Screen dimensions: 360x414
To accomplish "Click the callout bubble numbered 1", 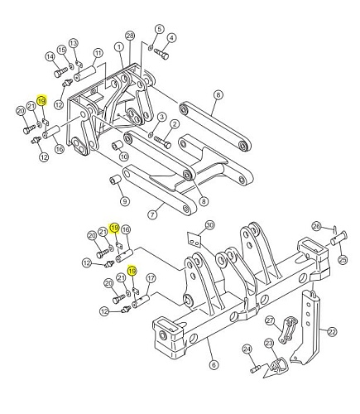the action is [x=119, y=47].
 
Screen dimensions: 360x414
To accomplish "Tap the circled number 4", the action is [x=171, y=38].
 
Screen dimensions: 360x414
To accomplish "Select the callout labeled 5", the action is [x=159, y=29].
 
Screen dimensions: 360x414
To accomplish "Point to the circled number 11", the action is [x=98, y=53].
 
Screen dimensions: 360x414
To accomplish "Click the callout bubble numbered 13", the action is [x=74, y=43].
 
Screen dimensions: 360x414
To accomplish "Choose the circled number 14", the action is [x=50, y=57].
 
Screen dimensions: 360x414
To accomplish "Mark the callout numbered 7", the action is [x=152, y=214].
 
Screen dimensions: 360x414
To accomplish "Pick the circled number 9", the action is [x=125, y=201].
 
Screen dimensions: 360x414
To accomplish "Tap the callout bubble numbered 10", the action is [x=124, y=156].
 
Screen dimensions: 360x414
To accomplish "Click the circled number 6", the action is [x=214, y=365].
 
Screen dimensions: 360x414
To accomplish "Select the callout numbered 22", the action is [x=332, y=331].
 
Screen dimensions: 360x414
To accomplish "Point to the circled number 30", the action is [x=209, y=225].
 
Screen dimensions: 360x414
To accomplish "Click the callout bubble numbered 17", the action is [x=151, y=278].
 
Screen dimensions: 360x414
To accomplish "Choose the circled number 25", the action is [x=343, y=260].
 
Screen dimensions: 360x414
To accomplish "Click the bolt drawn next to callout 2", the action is [x=163, y=141].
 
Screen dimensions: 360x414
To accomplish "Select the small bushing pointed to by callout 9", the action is [x=115, y=179].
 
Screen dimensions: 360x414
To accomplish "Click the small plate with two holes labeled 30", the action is [x=194, y=238].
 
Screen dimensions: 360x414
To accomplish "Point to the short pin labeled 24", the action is [x=256, y=368].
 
